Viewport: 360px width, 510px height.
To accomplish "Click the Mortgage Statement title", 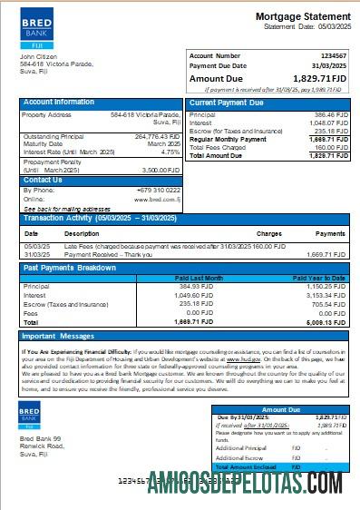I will click(302, 17).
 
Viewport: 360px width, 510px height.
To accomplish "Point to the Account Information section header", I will click(59, 103).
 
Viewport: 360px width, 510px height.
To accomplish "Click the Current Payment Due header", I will click(227, 103).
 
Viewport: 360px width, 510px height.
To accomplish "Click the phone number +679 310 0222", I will click(159, 190).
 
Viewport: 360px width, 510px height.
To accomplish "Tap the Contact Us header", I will click(43, 180).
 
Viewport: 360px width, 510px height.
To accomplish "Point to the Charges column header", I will click(268, 233).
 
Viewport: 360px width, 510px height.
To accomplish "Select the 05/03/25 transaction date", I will click(37, 245).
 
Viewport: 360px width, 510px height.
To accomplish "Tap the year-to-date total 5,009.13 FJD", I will click(326, 321).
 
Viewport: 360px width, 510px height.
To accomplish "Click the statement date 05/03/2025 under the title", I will click(329, 26).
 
